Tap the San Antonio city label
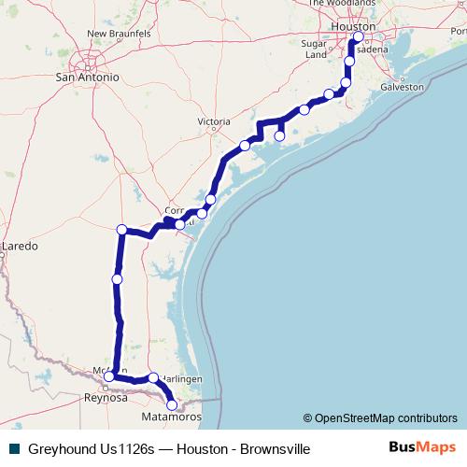point(87,78)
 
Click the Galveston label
point(402,87)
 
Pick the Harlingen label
point(180,378)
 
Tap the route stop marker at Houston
point(358,37)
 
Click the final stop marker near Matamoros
point(172,404)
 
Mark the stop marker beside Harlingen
point(153,377)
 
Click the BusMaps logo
point(420,449)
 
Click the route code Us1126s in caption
point(134,449)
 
